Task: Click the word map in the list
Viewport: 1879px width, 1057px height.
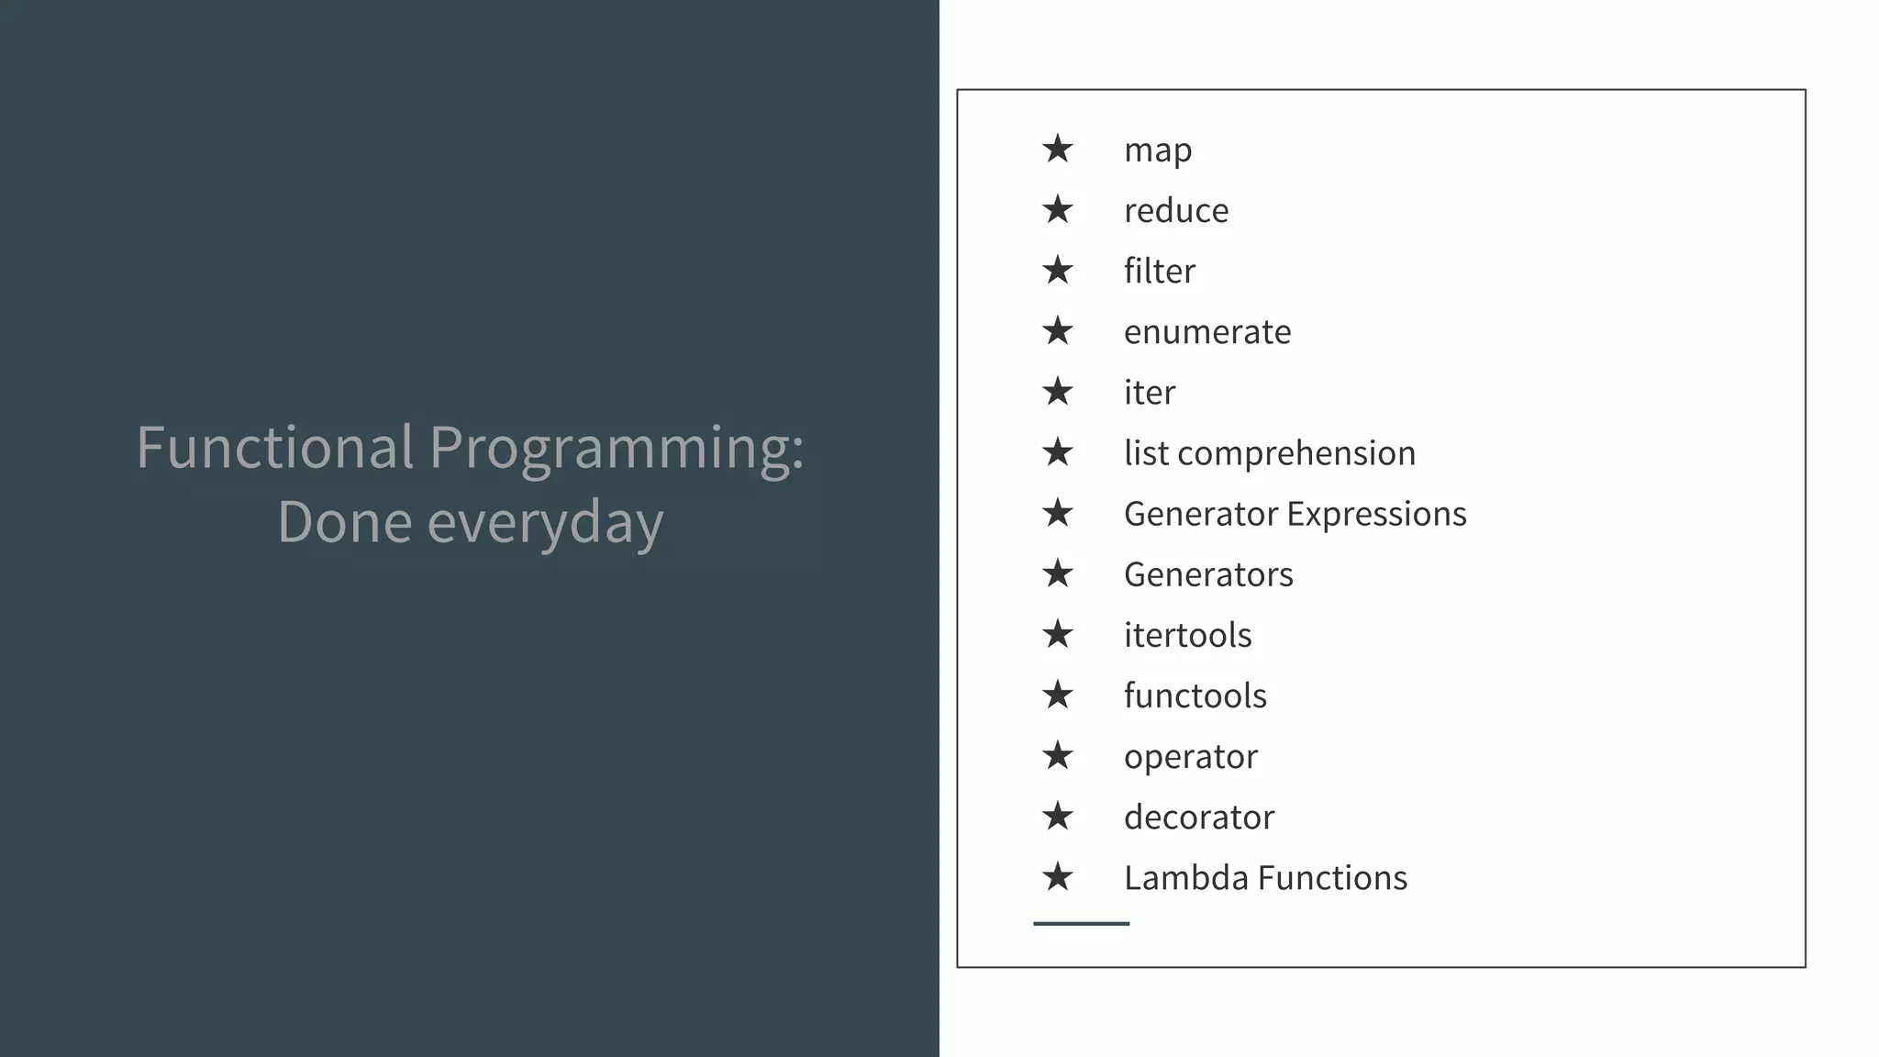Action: pos(1157,150)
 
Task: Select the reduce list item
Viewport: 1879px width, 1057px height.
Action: pos(1175,211)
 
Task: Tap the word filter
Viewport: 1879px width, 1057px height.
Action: pos(1159,272)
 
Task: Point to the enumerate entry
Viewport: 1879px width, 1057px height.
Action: pos(1206,332)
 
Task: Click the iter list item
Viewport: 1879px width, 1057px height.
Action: pos(1149,393)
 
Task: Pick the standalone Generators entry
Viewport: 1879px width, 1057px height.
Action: pos(1207,575)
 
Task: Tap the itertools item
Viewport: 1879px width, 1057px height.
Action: pos(1187,636)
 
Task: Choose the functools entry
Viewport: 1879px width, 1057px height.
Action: pos(1195,696)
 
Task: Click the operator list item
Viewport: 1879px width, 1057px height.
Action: pos(1190,757)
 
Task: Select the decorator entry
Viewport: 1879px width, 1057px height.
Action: pos(1198,818)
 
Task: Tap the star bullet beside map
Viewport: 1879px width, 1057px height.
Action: pos(1057,149)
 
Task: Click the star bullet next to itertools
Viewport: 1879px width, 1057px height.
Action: pos(1057,634)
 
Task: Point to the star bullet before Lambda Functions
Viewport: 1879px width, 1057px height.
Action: pos(1057,877)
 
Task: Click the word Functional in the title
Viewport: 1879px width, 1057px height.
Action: pos(274,448)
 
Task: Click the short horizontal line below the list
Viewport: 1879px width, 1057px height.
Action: pos(1081,923)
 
